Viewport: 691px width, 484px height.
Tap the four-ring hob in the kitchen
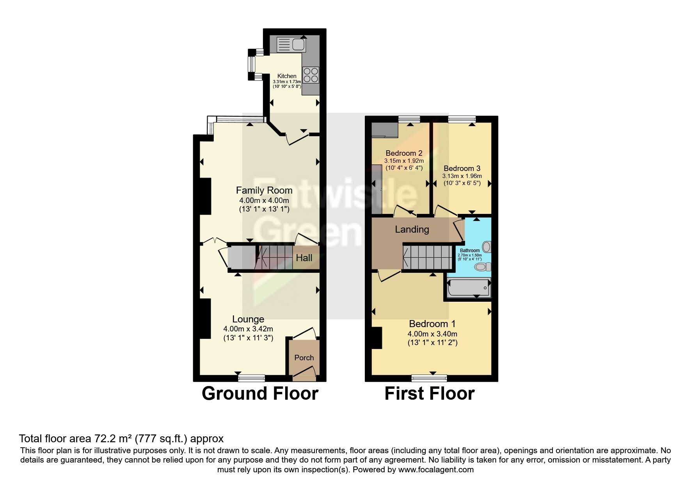coord(311,75)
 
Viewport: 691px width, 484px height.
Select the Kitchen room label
coord(287,76)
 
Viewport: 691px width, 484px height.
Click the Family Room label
coord(264,190)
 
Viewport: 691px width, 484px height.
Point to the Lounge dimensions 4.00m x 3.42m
coord(248,329)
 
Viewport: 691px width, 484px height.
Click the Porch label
coord(304,358)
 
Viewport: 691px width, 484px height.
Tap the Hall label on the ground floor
coord(304,258)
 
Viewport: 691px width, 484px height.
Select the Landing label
coord(412,230)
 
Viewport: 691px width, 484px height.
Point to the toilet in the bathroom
coord(483,267)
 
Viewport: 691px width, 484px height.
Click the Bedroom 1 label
coord(432,324)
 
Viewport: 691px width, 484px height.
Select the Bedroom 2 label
coord(404,153)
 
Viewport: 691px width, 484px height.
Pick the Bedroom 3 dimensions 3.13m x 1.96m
coord(462,176)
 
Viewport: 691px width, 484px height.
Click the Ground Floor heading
coord(260,393)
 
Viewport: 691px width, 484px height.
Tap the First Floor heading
coord(430,393)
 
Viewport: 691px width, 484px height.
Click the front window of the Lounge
coord(252,378)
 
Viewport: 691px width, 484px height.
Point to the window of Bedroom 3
coord(462,119)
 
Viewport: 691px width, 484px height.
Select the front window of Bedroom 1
coord(429,378)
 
